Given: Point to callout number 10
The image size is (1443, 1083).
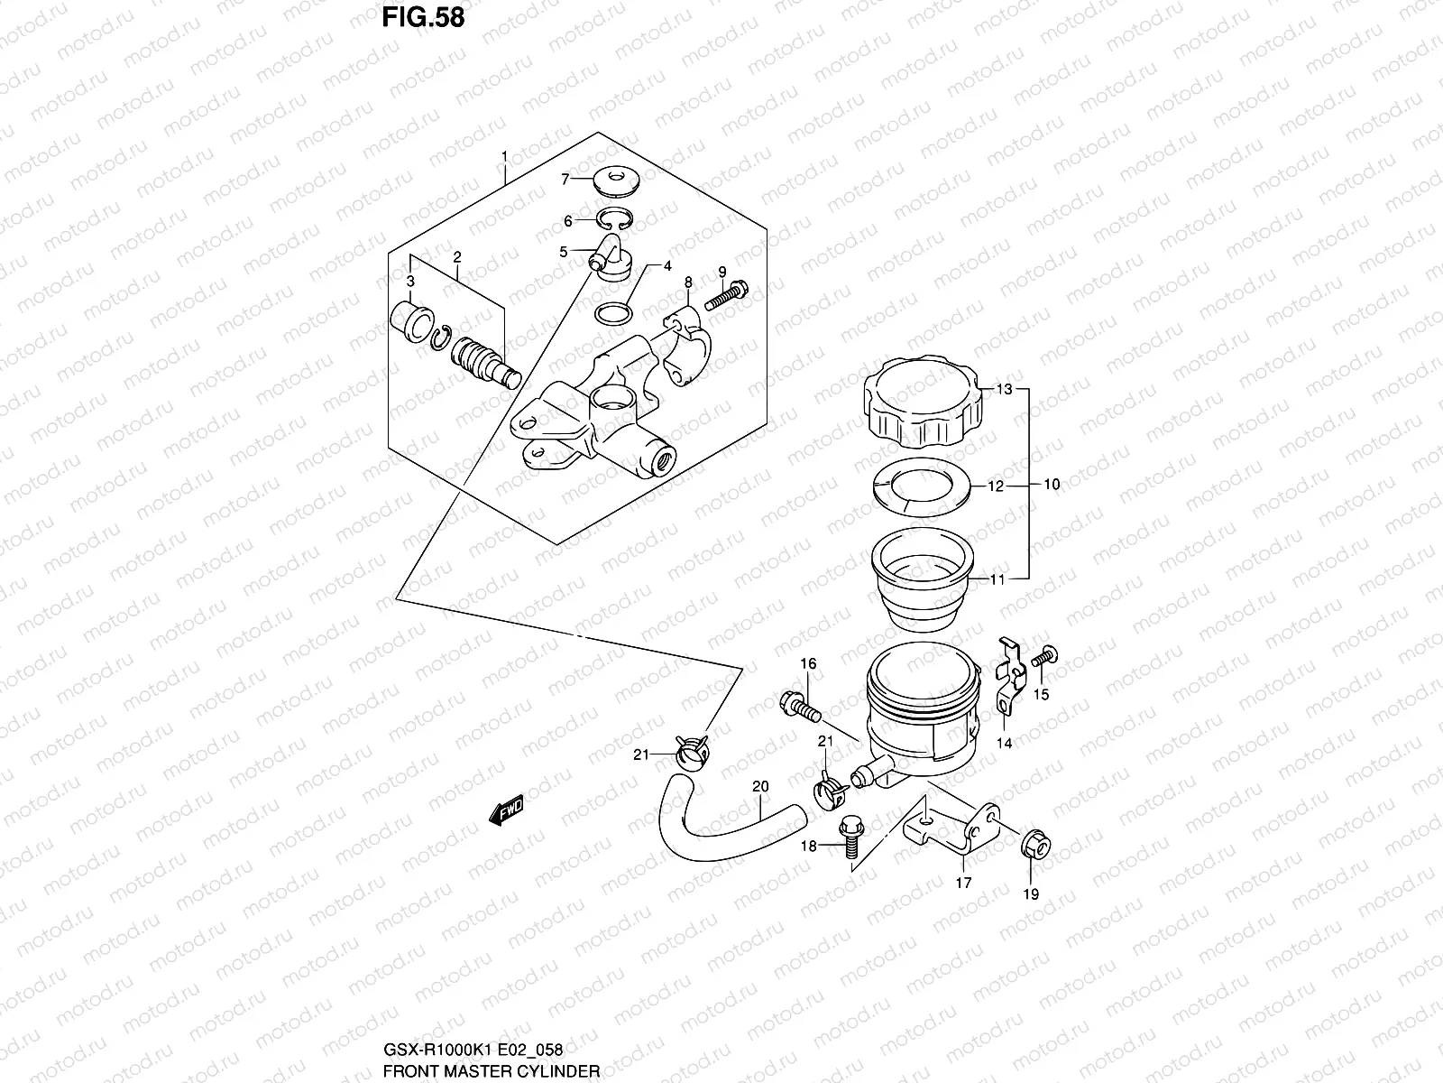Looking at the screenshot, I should point(1052,485).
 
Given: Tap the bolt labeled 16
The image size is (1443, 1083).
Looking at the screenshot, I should point(804,705).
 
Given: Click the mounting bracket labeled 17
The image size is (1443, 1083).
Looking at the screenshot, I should point(951,826).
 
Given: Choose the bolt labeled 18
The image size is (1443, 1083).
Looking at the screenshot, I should point(850,832).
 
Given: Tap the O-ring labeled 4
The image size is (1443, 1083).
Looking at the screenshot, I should point(614,313).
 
